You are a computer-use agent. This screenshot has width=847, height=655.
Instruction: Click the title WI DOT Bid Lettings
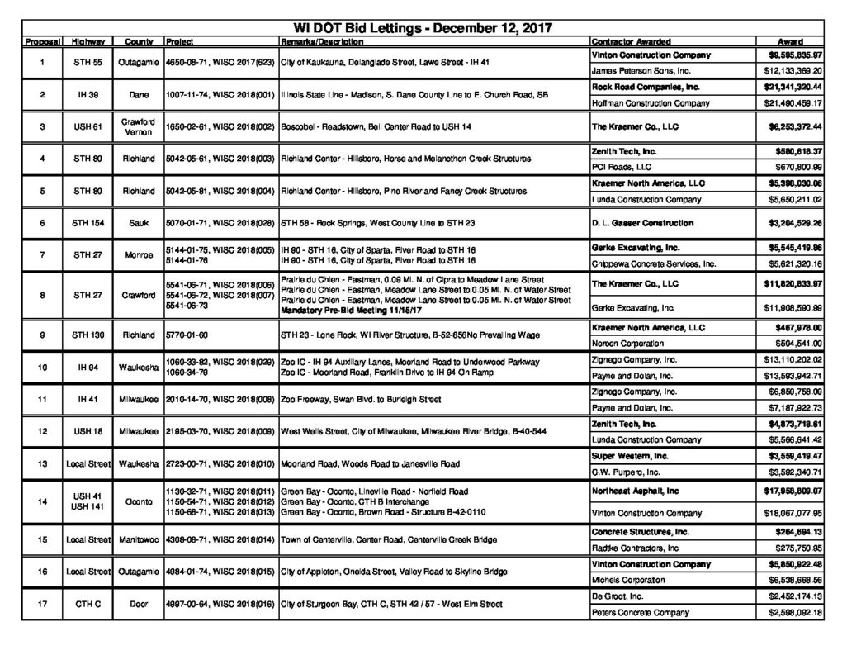click(x=423, y=27)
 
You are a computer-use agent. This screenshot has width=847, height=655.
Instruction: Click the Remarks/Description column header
click(x=321, y=41)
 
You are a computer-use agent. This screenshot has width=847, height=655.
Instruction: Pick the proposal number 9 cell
click(x=41, y=335)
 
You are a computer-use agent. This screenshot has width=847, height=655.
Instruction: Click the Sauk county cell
click(x=138, y=223)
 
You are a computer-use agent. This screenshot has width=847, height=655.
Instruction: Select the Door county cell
click(x=138, y=605)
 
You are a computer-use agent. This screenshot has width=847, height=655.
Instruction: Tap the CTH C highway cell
click(x=88, y=605)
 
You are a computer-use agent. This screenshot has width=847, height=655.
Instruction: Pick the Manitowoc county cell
click(x=138, y=539)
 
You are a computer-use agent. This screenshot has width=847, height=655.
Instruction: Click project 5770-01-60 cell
click(x=186, y=335)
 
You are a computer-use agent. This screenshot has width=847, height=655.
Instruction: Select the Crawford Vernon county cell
click(x=138, y=127)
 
